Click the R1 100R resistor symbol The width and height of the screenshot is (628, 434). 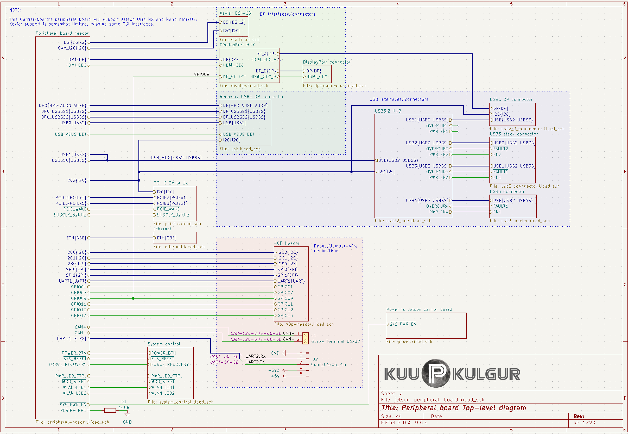(x=110, y=410)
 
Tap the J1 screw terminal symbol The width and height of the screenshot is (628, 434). (x=305, y=339)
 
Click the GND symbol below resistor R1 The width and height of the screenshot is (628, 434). (x=127, y=414)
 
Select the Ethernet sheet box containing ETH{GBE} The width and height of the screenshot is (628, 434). (x=175, y=238)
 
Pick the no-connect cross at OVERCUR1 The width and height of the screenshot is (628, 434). (x=458, y=126)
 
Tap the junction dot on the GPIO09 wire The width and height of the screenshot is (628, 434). (x=133, y=298)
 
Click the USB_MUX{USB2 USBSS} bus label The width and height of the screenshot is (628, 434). (x=176, y=158)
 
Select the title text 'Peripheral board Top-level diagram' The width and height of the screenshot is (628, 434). (x=454, y=408)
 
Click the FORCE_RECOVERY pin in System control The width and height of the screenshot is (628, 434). (x=168, y=364)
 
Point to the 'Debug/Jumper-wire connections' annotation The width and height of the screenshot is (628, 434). (x=336, y=248)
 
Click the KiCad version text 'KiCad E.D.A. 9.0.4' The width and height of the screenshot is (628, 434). (x=404, y=423)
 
